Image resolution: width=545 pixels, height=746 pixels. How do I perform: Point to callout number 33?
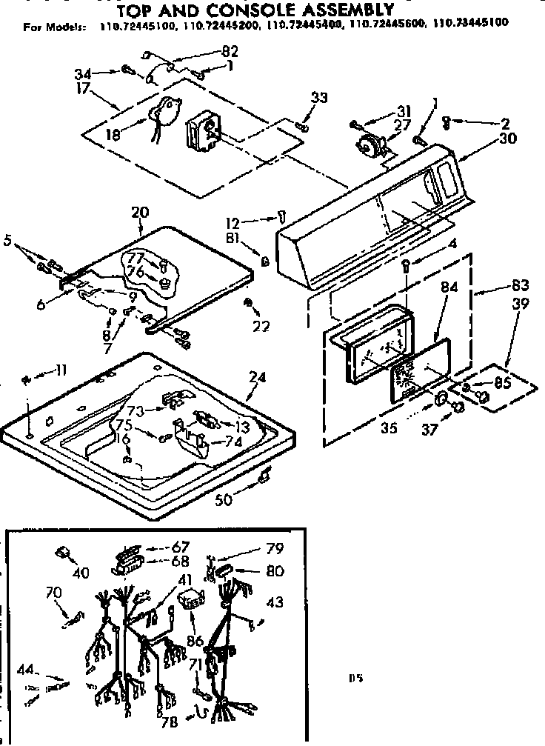click(319, 98)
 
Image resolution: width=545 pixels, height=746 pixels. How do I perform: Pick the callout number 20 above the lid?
click(139, 212)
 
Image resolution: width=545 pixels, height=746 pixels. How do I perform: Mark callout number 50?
click(223, 500)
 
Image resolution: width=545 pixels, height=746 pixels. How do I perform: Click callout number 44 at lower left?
click(27, 670)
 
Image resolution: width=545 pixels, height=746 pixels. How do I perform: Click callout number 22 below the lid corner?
click(261, 326)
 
